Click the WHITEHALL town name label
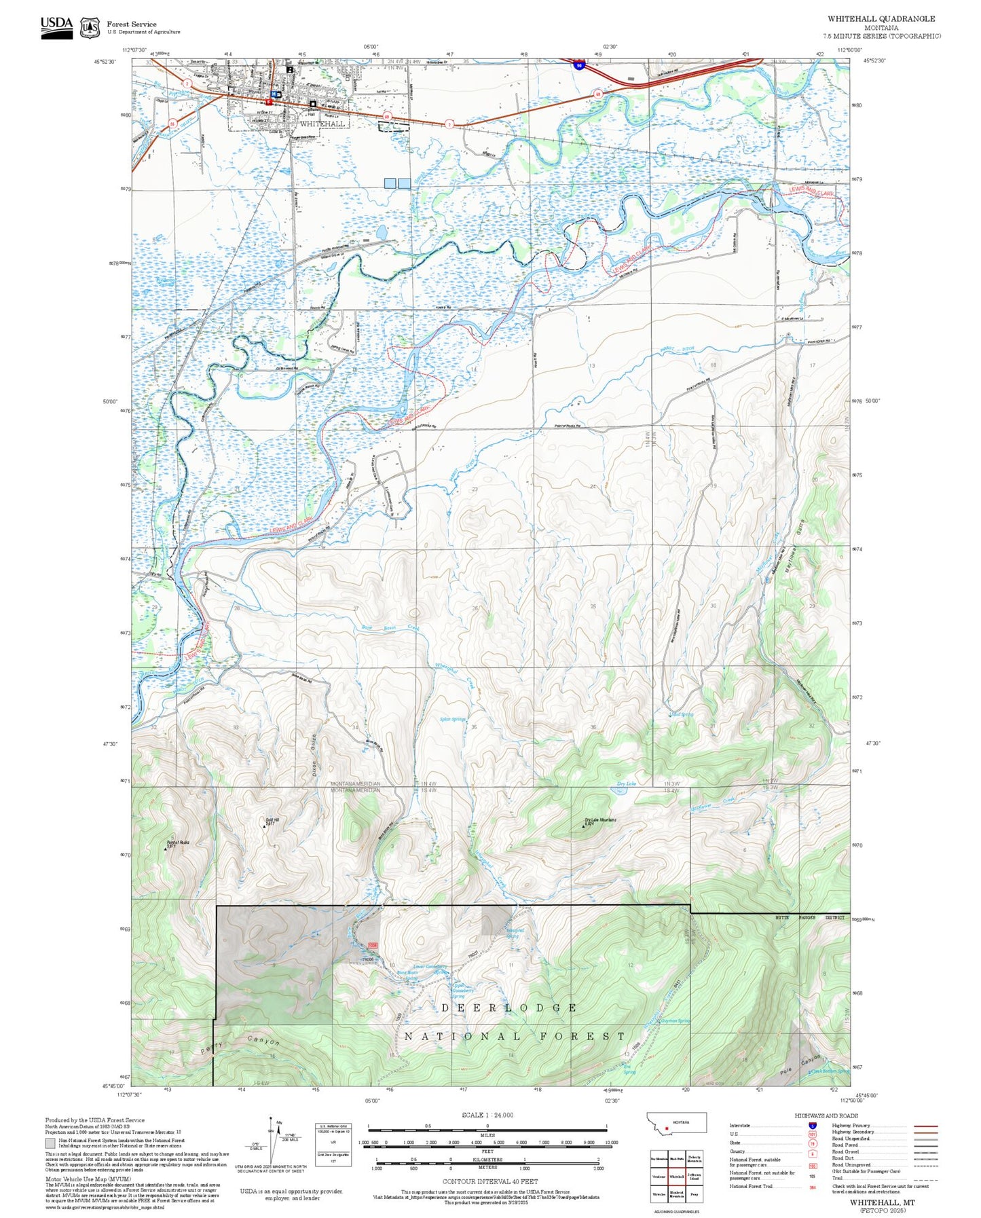322,124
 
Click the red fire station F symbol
269,102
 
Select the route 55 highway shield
172,124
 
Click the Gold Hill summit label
272,820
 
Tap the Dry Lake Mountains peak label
600,820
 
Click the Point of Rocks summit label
178,843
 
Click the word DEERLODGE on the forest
509,1008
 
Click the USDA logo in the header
56,25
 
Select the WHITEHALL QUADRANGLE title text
881,19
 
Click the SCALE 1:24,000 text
487,1115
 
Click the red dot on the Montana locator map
667,1128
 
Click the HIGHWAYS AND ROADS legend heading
826,1115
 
